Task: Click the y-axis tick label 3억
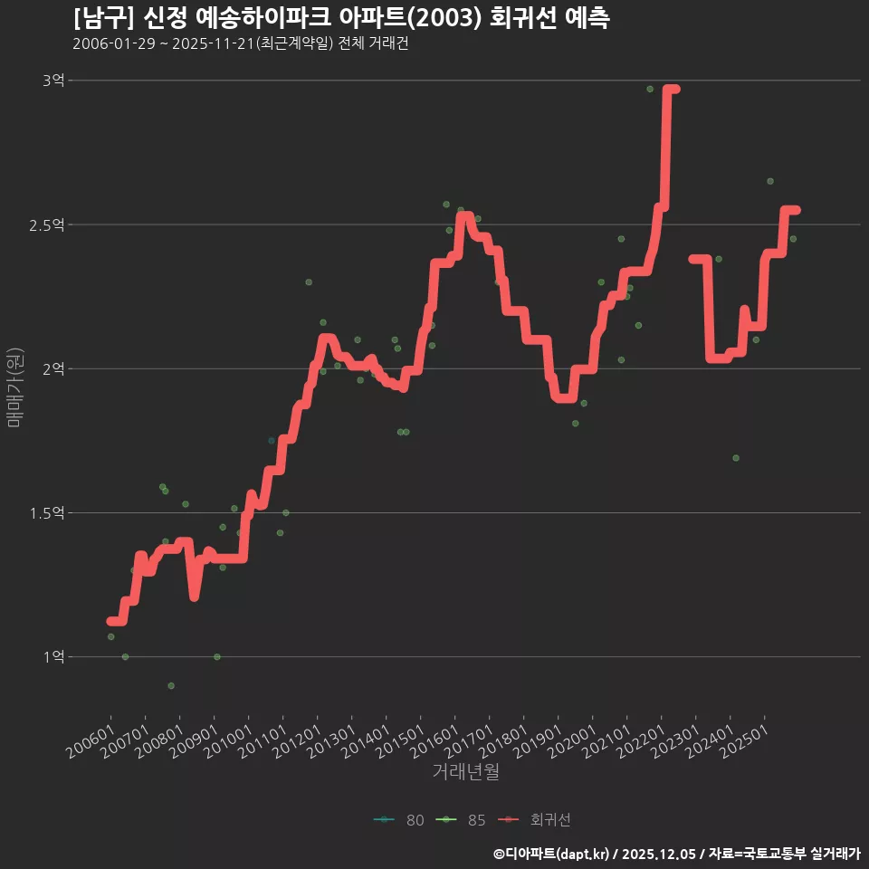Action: click(x=53, y=81)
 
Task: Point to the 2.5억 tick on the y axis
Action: click(x=48, y=224)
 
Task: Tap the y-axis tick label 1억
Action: click(x=53, y=656)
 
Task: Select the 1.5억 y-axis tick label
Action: click(x=48, y=512)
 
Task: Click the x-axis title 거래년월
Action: click(x=465, y=772)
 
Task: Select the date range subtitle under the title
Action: click(x=241, y=44)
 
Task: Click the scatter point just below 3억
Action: click(x=650, y=89)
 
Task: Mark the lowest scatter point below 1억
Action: click(x=171, y=685)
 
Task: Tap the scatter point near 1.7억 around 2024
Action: click(x=736, y=458)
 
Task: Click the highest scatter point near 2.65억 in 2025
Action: click(x=770, y=181)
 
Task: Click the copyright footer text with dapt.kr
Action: click(x=676, y=854)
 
